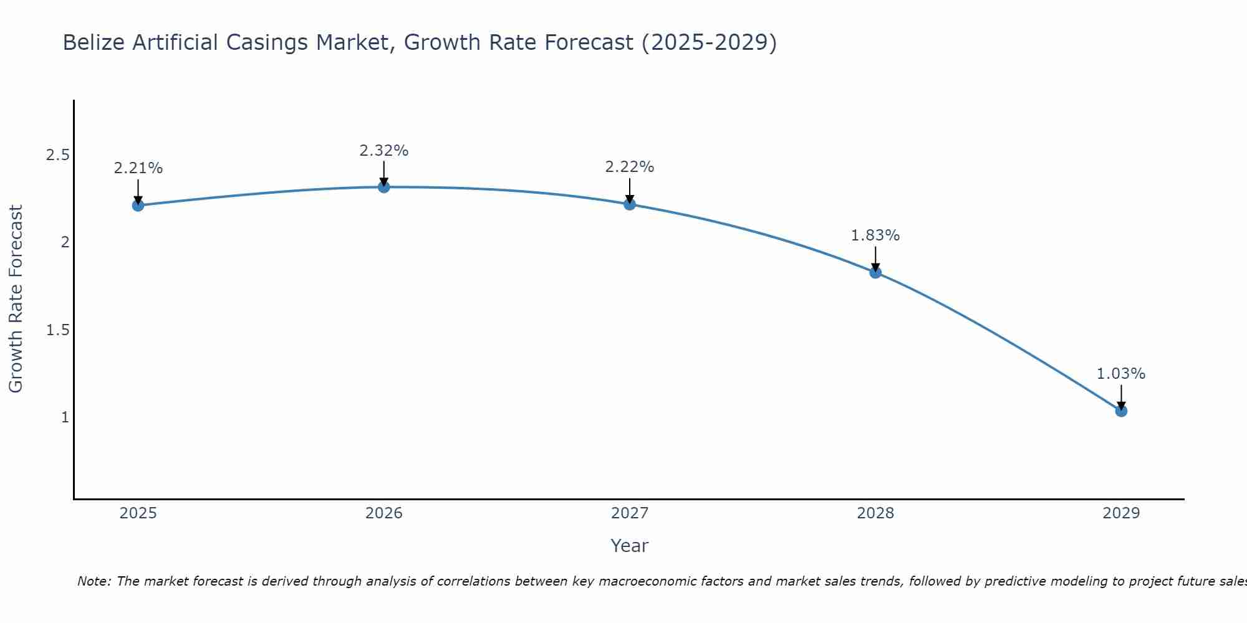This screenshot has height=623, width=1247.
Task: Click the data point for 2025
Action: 138,206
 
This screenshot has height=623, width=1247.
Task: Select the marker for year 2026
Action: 384,187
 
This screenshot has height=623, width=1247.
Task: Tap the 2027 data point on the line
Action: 630,204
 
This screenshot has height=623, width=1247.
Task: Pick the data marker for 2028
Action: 875,272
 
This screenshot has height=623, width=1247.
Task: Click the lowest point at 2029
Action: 1121,411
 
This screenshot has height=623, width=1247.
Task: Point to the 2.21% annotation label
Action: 138,168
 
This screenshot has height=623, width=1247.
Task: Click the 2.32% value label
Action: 384,151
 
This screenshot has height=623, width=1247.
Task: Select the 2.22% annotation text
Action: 630,167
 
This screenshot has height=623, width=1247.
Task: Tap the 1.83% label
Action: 875,235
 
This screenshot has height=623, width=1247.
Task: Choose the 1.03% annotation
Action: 1121,374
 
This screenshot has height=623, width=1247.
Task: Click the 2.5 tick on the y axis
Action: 57,155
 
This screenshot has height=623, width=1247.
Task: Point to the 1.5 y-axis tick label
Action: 57,330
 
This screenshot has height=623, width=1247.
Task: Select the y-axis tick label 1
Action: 65,417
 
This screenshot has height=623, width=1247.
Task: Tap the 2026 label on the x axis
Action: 384,513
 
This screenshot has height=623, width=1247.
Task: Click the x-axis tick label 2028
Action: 875,513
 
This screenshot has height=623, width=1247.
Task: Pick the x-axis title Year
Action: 630,546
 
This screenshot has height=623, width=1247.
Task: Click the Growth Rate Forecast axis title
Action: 16,299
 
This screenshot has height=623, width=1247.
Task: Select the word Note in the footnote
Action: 94,581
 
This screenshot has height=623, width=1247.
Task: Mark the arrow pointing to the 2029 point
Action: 1121,396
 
